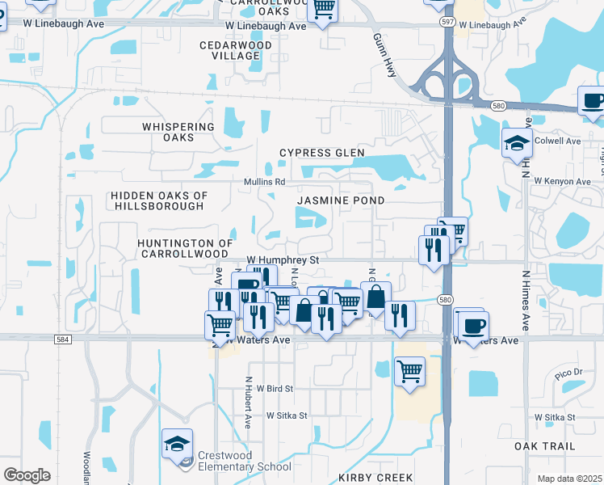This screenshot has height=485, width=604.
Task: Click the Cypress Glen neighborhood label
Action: (x=322, y=153)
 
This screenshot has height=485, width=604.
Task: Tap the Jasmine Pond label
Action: (x=340, y=200)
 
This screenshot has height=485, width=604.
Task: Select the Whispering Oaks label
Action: (x=178, y=132)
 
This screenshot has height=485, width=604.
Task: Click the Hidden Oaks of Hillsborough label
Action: (x=159, y=200)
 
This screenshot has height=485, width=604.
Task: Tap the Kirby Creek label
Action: (x=375, y=478)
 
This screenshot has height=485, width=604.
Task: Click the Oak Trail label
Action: (x=545, y=446)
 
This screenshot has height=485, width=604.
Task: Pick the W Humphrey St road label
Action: (x=283, y=260)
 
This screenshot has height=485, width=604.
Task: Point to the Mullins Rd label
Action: (x=265, y=182)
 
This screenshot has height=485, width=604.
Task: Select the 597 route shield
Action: (x=447, y=23)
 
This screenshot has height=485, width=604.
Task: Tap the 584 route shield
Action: (x=62, y=340)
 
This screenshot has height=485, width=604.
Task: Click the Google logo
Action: (x=27, y=474)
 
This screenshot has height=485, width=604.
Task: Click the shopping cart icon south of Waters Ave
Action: (x=409, y=371)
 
